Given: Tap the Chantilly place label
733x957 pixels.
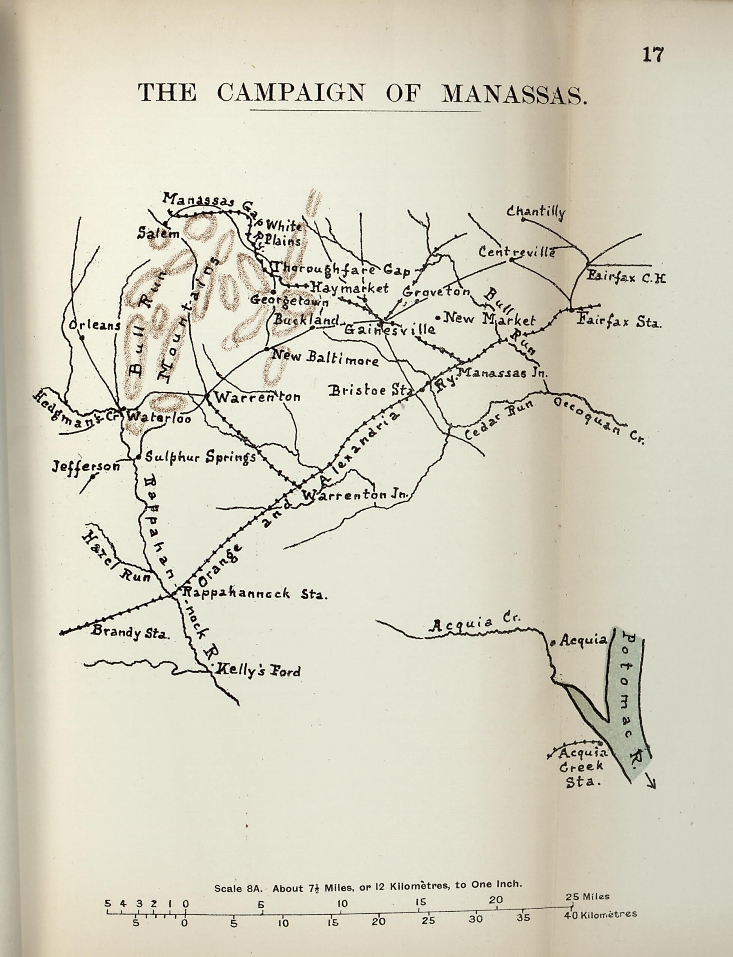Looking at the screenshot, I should coord(535,212).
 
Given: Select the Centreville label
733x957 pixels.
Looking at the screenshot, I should coord(517,252).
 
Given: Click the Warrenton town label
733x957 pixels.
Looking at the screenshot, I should coord(257,397).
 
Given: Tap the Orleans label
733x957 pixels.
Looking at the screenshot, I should coord(94,326).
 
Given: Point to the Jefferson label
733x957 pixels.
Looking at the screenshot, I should coord(86,466).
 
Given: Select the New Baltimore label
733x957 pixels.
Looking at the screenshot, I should coord(325,357).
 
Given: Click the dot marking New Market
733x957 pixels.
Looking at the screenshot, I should coord(437,318).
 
